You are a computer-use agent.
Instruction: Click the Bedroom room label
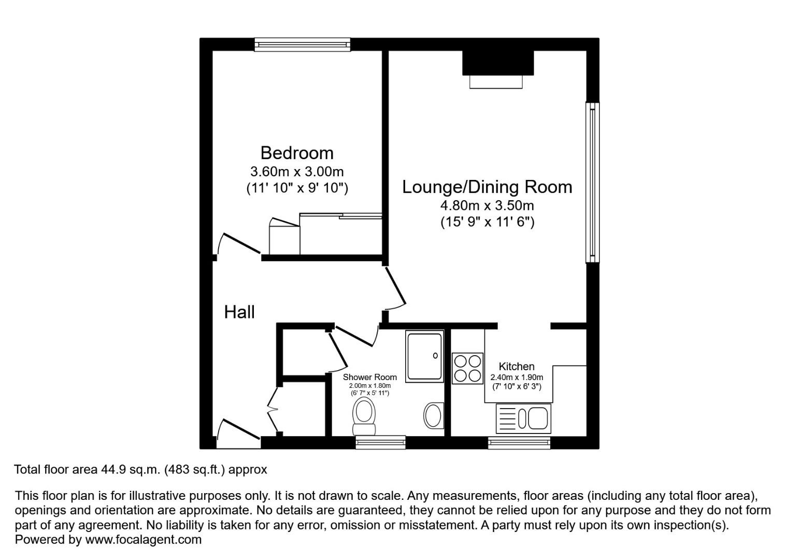297,153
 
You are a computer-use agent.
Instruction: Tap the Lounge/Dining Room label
487,187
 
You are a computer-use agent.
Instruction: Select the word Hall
239,312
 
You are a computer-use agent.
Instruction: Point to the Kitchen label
517,366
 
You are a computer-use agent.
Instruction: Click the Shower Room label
369,377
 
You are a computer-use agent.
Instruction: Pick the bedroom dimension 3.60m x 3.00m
297,172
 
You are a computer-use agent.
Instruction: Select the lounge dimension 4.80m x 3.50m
487,205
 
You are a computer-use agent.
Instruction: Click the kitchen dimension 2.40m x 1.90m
517,377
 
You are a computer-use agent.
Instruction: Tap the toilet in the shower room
364,416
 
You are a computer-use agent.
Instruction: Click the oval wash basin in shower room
434,416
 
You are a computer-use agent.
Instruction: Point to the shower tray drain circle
435,356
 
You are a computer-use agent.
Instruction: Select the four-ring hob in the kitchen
467,369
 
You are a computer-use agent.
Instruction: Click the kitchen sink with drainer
523,418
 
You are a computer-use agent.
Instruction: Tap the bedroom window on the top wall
302,45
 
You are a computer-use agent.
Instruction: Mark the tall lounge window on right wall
593,183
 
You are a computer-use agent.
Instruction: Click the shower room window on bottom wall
380,442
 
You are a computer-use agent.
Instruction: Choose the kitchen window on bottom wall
519,443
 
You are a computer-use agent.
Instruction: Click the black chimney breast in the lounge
498,63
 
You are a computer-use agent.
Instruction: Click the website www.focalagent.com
143,539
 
